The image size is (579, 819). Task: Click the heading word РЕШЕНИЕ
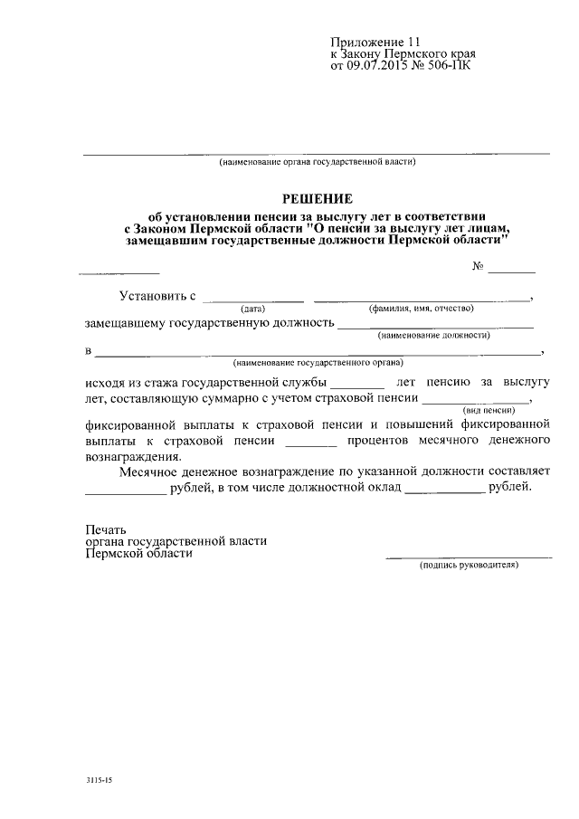[317, 198]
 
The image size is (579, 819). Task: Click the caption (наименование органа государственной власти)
[317, 162]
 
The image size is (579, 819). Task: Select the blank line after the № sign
[513, 271]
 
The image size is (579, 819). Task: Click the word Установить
[152, 296]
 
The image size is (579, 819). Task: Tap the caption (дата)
[252, 309]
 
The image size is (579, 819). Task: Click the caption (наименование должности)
[434, 335]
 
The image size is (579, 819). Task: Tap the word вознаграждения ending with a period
[129, 457]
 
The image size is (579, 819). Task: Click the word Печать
[106, 529]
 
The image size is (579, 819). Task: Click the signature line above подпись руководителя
[469, 556]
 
